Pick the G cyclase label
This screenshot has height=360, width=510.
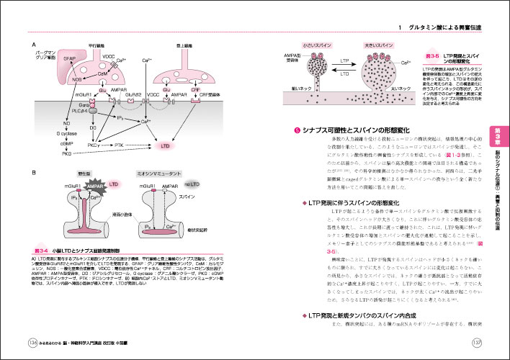pos(70,133)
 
